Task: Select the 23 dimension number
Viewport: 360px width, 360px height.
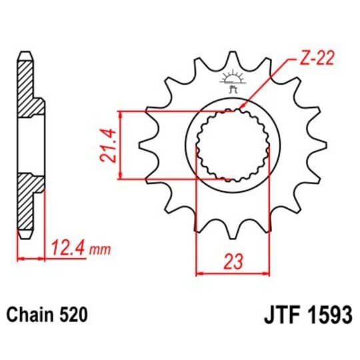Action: click(231, 261)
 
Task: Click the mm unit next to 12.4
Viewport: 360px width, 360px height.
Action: click(98, 251)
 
